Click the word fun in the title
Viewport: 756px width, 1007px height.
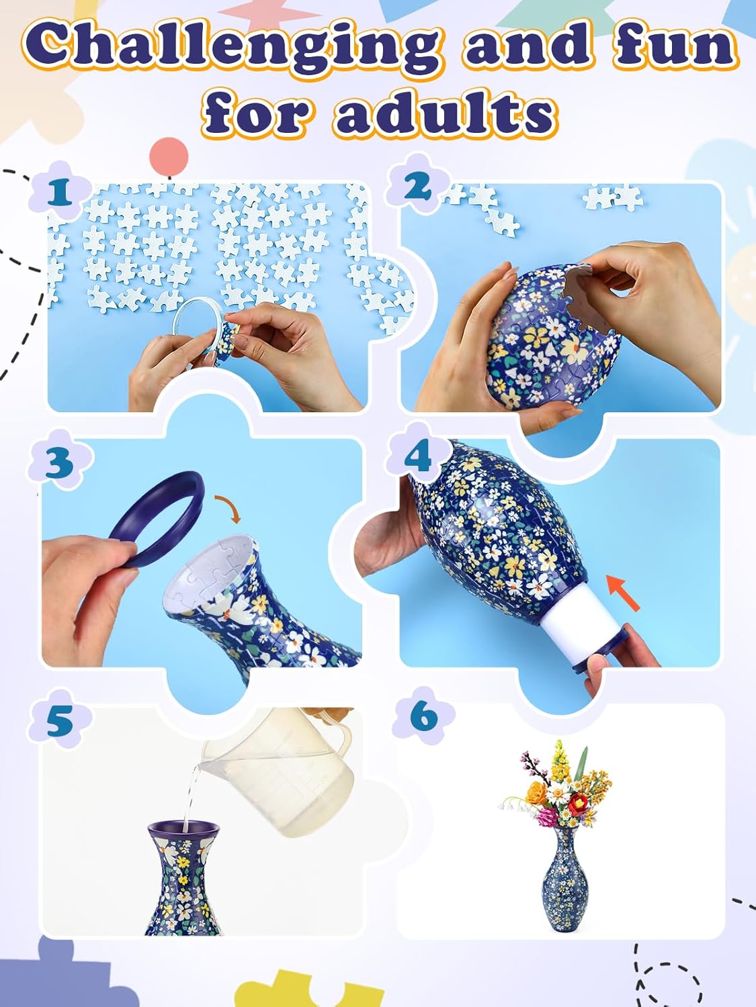pyautogui.click(x=672, y=46)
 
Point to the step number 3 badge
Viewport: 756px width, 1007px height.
pyautogui.click(x=59, y=463)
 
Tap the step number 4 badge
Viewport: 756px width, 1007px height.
pyautogui.click(x=417, y=456)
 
